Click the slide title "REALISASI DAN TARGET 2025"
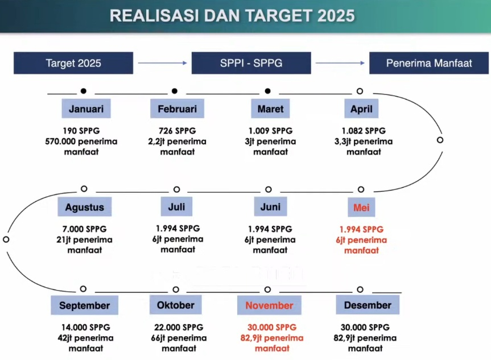(x=232, y=16)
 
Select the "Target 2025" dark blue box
(x=73, y=63)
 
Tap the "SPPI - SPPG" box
(x=251, y=63)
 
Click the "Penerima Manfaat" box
(x=429, y=63)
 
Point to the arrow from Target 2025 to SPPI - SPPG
(x=162, y=63)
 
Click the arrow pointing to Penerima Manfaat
(x=340, y=63)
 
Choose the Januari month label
(x=86, y=109)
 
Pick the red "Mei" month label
(x=361, y=207)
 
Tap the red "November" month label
(x=269, y=305)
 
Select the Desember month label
(x=368, y=305)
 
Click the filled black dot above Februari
(x=175, y=91)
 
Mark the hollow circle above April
(x=360, y=91)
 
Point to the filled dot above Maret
(x=268, y=91)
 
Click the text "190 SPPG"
(x=81, y=131)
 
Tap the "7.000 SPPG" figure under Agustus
(x=85, y=229)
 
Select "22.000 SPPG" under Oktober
(x=179, y=328)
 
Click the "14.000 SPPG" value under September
(x=86, y=328)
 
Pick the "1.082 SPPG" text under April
(x=364, y=131)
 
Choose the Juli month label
(x=176, y=206)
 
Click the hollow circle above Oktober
(x=176, y=289)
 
